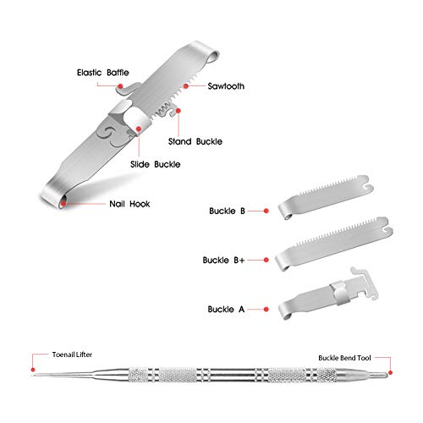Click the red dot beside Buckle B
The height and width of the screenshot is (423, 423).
pyautogui.click(x=266, y=209)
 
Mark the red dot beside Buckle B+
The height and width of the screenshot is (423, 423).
pyautogui.click(x=266, y=261)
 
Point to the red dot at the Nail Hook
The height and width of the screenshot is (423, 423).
pyautogui.click(x=64, y=201)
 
